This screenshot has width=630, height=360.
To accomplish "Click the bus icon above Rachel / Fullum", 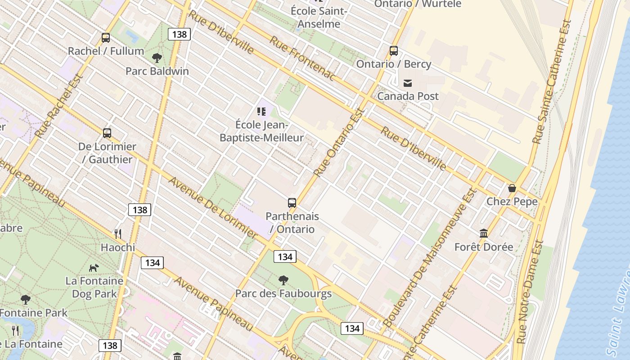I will [x=106, y=38].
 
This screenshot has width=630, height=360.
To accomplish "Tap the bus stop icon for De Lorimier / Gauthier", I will [x=107, y=133].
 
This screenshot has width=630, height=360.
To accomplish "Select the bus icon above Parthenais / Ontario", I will [x=292, y=203].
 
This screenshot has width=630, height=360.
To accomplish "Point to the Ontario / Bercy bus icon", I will [x=394, y=51].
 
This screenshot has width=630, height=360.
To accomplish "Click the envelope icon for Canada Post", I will [x=408, y=83].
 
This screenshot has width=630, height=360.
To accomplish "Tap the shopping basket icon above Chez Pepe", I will [x=512, y=188].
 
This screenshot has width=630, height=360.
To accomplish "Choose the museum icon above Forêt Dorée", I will [x=484, y=233].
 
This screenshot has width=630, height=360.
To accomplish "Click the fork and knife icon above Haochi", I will [x=118, y=234].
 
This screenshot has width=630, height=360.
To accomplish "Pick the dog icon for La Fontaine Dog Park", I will [x=94, y=268].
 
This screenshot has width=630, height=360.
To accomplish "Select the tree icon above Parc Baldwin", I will [x=157, y=58].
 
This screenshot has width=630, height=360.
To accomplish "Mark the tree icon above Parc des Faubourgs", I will [x=283, y=280].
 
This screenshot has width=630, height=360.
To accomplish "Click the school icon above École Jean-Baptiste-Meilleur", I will [x=261, y=111].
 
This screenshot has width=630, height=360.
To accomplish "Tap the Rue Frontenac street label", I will [x=302, y=59].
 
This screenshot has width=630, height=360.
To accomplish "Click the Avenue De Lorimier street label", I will [x=213, y=207].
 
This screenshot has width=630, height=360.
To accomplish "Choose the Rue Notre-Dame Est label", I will [x=531, y=292].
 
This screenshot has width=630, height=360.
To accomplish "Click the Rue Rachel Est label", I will [x=59, y=106].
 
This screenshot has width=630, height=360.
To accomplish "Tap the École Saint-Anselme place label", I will [x=319, y=17].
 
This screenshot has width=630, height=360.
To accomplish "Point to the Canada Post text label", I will [x=408, y=96].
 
